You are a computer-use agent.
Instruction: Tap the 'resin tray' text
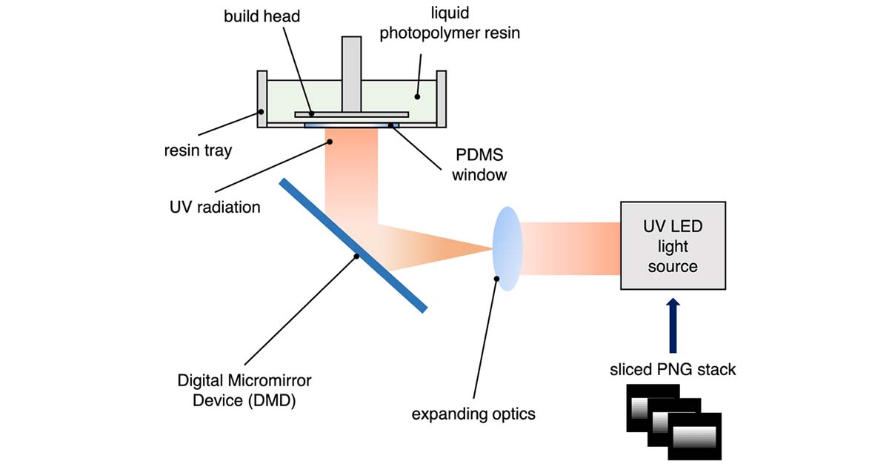[x=198, y=151]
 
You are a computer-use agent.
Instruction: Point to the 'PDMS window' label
[x=481, y=165]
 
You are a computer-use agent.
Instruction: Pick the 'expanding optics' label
[x=473, y=413]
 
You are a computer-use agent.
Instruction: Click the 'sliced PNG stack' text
[x=673, y=369]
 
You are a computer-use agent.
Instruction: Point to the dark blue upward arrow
[x=673, y=326]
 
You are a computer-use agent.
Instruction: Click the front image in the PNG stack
[x=693, y=439]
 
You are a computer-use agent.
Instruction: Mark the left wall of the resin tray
[x=262, y=99]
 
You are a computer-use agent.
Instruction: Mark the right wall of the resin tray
[x=442, y=99]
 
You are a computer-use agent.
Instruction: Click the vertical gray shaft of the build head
[x=352, y=74]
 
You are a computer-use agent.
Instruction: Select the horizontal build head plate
[x=351, y=114]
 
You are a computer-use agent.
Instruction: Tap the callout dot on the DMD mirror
[x=357, y=256]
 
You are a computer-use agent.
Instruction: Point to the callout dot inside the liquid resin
[x=417, y=96]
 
